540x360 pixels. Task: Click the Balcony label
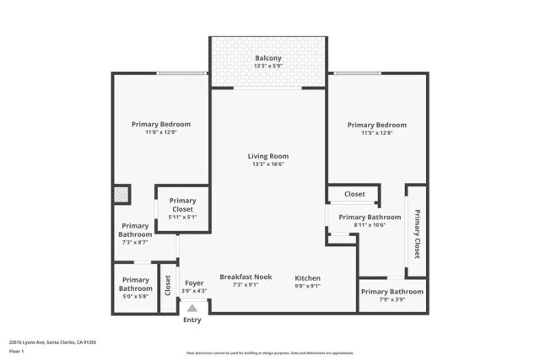[x=267, y=58]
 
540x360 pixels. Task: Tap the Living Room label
[x=267, y=156]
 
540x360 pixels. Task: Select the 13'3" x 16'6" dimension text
[x=267, y=165]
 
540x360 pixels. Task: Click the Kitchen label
[x=307, y=277]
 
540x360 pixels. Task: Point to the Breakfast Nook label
[x=246, y=277]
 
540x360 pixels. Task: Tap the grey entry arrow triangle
[x=192, y=309]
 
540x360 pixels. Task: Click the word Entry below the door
[x=192, y=320]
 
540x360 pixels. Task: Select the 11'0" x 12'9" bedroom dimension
[x=160, y=132]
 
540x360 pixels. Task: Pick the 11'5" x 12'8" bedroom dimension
[x=377, y=132]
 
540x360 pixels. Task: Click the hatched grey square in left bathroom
[x=121, y=194]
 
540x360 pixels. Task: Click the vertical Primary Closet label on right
[x=417, y=233]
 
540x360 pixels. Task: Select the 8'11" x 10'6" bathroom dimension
[x=370, y=225]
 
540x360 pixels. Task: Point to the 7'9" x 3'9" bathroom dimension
[x=392, y=300]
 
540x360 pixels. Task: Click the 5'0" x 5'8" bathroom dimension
[x=135, y=296]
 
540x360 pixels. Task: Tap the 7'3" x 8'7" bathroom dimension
[x=135, y=242]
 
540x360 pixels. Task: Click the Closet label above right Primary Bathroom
[x=354, y=194]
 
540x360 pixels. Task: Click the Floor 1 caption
[x=16, y=353]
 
